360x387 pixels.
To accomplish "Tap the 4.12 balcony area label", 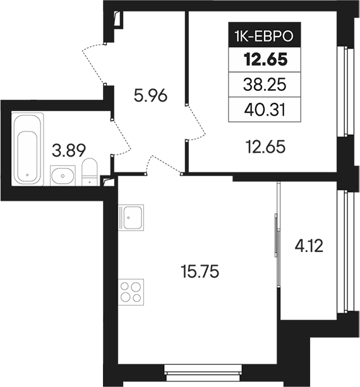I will click(309, 244).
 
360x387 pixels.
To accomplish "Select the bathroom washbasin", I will click(63, 174).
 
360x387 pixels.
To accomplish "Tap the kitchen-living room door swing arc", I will click(163, 163).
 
